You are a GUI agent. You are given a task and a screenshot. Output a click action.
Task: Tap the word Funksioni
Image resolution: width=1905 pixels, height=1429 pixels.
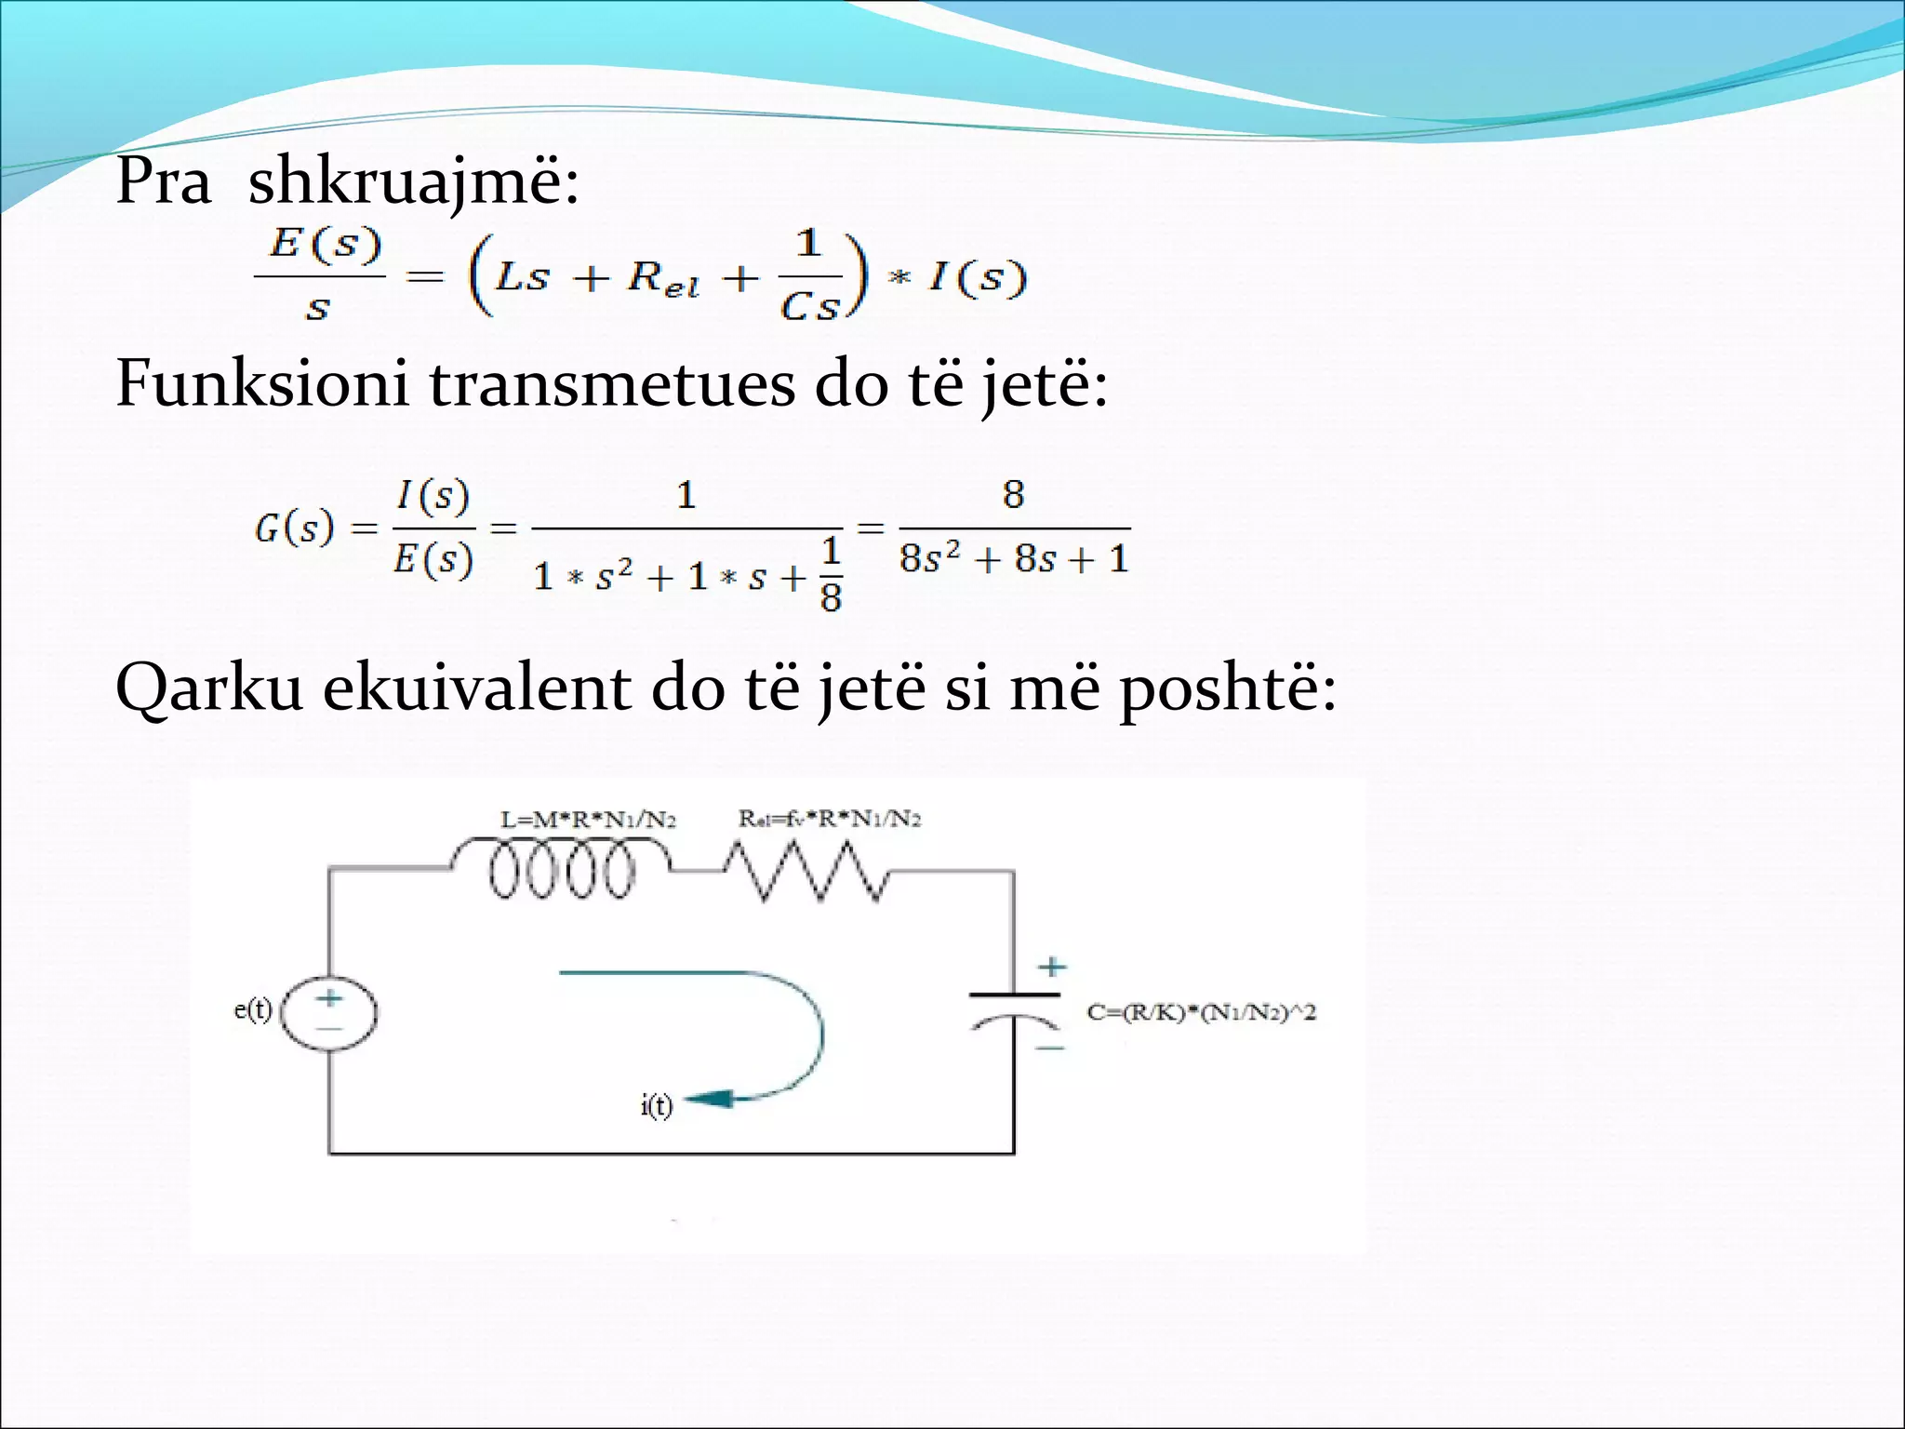pos(261,383)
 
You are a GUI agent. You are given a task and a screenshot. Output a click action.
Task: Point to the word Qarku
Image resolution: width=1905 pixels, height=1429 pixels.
pos(209,689)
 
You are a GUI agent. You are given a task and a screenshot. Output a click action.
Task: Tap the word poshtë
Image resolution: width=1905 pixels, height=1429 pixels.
pos(1227,689)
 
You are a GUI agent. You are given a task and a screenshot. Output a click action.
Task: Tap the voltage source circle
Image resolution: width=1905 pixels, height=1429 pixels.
pos(329,1013)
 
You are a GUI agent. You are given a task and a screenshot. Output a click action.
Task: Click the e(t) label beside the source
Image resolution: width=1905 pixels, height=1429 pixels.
pos(253,1009)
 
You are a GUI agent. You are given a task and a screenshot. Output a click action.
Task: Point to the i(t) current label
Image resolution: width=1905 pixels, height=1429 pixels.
pos(656,1105)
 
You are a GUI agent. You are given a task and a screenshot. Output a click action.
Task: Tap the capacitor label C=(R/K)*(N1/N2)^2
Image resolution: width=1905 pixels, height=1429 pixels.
pos(1201,1012)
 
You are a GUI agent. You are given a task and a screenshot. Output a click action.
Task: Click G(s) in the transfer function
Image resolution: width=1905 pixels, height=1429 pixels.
pos(293,528)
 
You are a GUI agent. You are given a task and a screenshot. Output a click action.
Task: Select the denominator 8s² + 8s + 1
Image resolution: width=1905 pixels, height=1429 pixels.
pos(1014,559)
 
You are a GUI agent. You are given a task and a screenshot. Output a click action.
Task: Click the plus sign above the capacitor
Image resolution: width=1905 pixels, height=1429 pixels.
pos(1052,967)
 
